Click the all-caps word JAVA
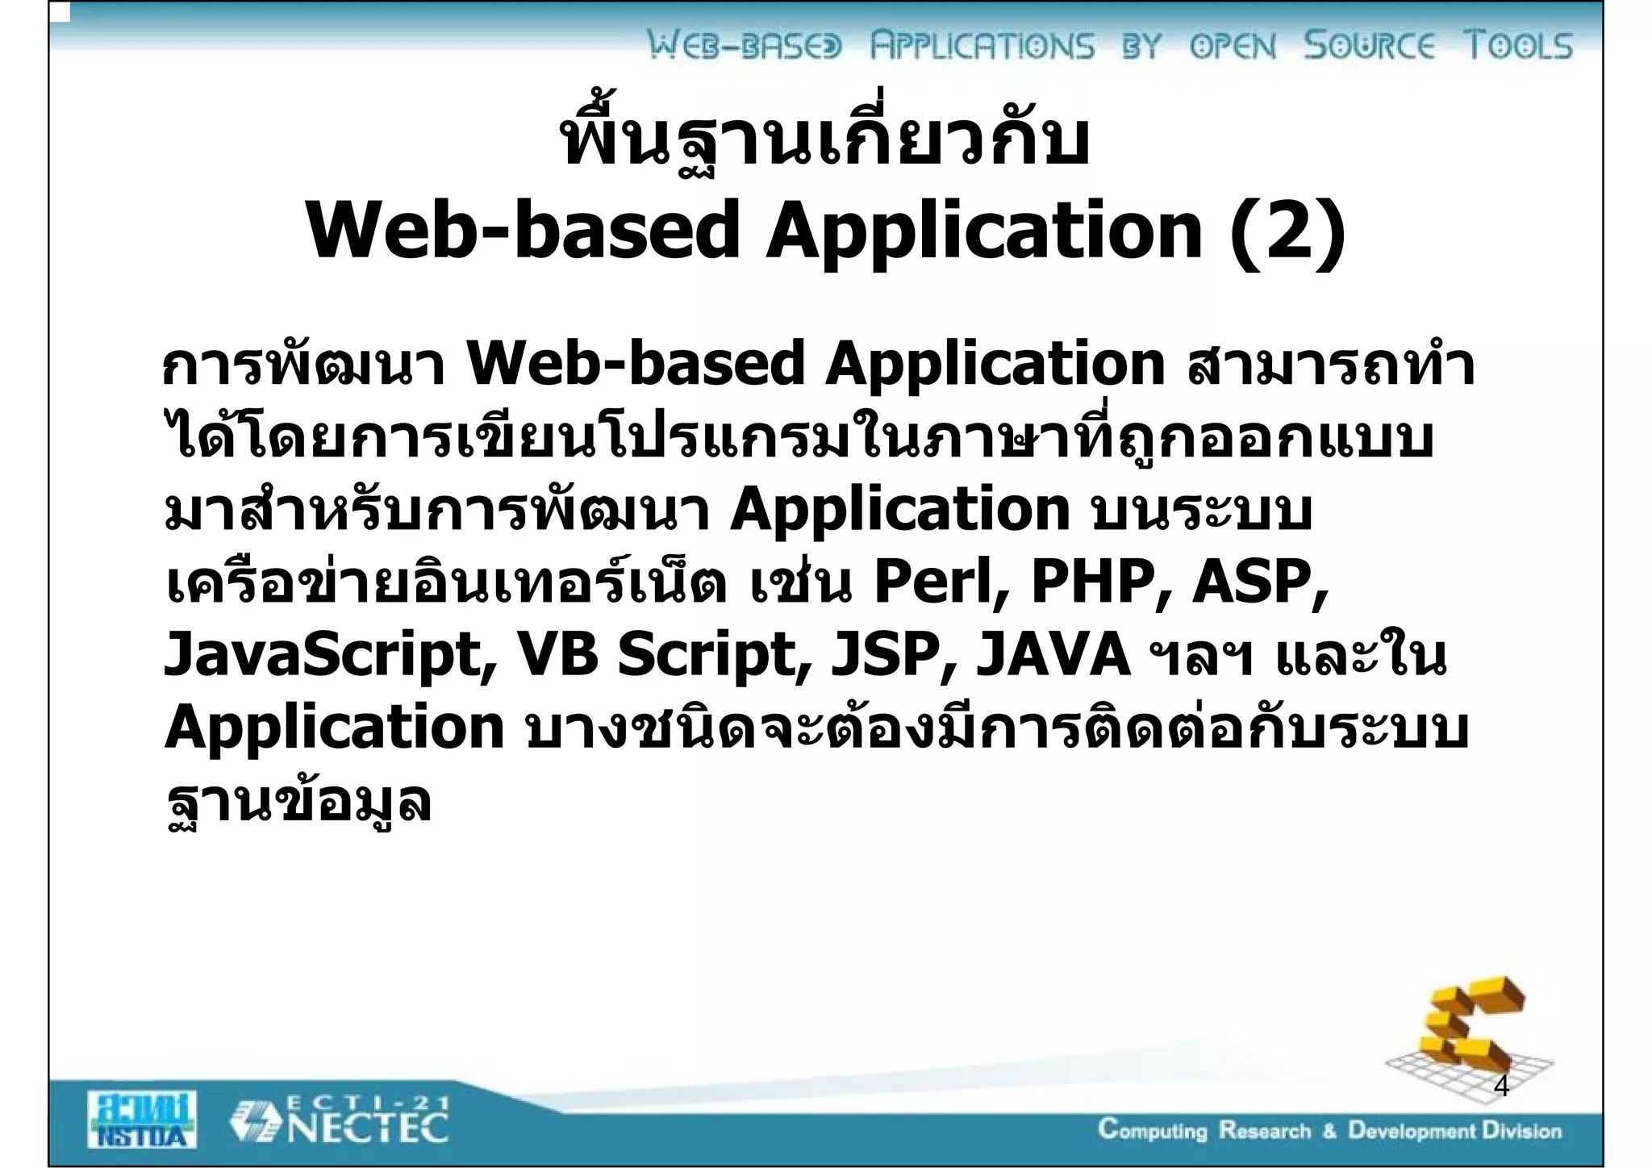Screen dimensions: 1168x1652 pos(1052,655)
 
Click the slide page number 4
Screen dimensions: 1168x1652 pos(1501,1087)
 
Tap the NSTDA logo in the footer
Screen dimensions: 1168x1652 pos(142,1119)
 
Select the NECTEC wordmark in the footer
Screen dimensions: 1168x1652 pos(367,1128)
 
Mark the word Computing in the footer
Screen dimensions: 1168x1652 pos(1153,1131)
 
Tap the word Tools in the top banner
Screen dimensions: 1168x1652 pos(1518,45)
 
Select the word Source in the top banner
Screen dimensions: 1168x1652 pos(1370,45)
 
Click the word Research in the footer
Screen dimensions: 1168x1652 pos(1265,1131)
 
